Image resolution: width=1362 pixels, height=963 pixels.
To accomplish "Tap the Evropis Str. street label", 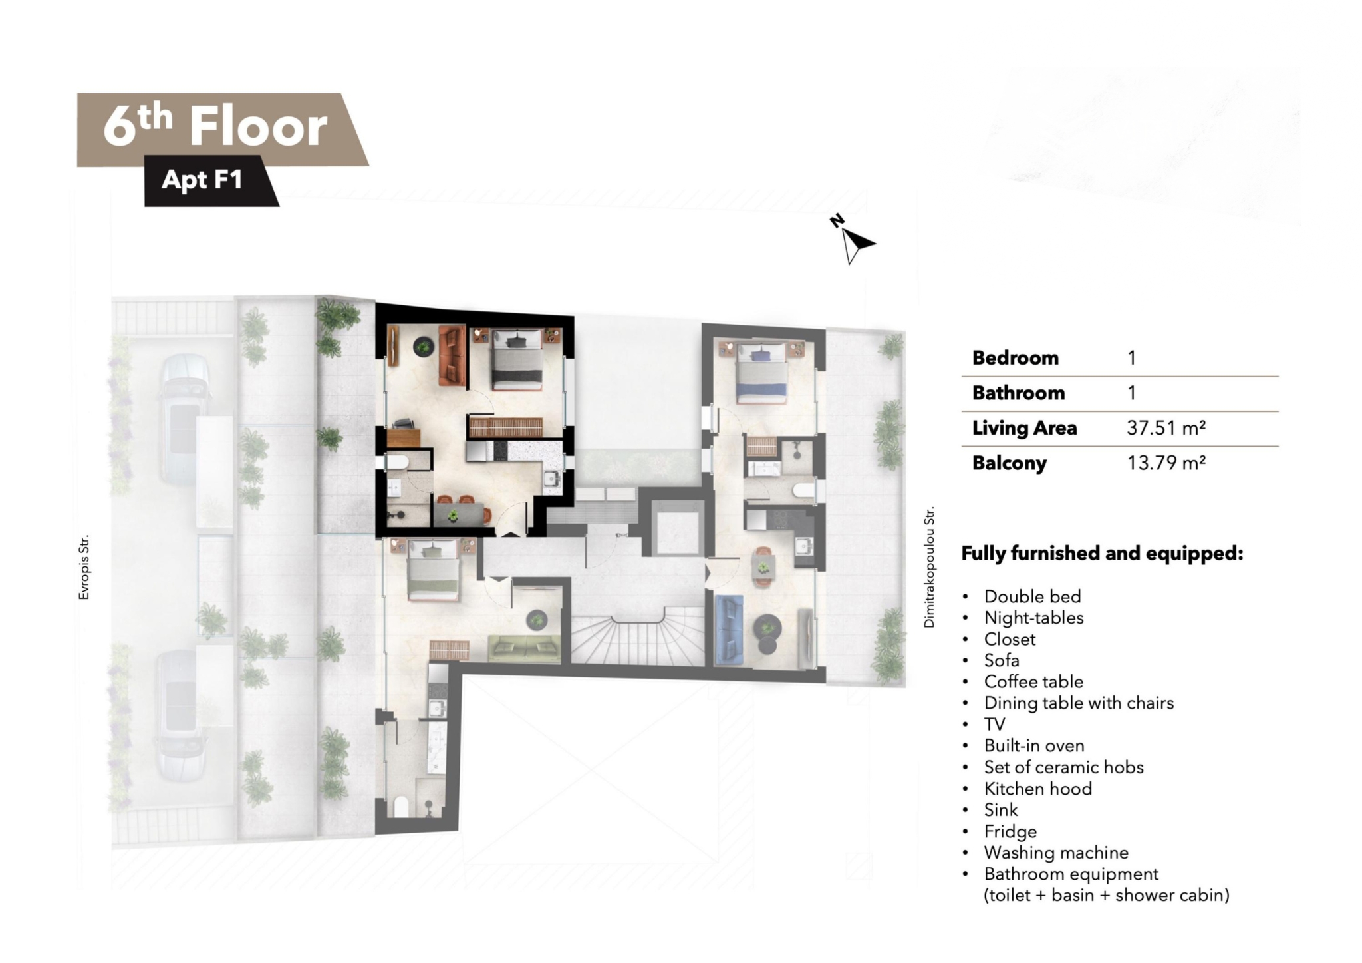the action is tap(84, 567).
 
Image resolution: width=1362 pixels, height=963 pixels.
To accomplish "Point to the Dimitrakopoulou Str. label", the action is tap(929, 566).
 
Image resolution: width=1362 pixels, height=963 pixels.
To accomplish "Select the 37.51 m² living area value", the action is tap(1166, 427).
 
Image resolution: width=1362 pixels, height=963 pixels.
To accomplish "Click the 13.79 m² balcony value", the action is tap(1166, 463).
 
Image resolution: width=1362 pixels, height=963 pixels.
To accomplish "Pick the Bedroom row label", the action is tap(1015, 358).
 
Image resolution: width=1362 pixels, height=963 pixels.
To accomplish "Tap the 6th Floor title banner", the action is tap(223, 129).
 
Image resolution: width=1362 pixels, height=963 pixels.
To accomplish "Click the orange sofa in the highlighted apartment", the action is tap(452, 355).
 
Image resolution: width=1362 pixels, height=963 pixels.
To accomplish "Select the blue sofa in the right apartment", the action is tap(729, 630).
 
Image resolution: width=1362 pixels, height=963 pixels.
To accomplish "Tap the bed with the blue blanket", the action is tap(762, 372).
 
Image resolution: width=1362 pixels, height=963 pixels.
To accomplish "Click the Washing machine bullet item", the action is tap(1056, 853).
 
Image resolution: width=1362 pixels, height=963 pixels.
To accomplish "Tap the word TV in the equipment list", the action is tap(994, 724).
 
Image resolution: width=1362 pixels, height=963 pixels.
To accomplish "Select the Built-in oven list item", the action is tap(1034, 745).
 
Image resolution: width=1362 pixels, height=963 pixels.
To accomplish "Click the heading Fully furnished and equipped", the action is tap(1102, 554).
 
